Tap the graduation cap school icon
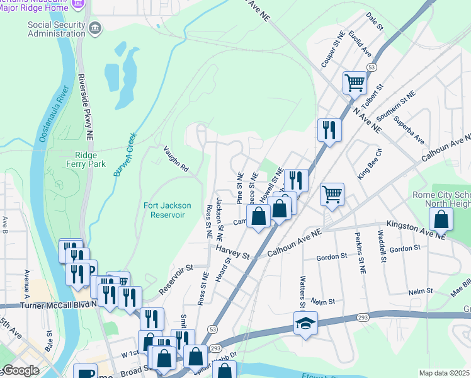click(x=305, y=324)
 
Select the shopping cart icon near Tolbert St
click(x=355, y=83)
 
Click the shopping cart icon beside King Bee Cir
click(x=332, y=194)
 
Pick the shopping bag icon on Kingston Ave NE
click(x=441, y=219)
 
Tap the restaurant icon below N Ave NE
click(x=329, y=130)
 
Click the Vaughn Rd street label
click(x=176, y=159)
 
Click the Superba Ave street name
click(x=409, y=129)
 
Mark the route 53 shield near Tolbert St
click(x=372, y=66)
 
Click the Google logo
click(x=21, y=370)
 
